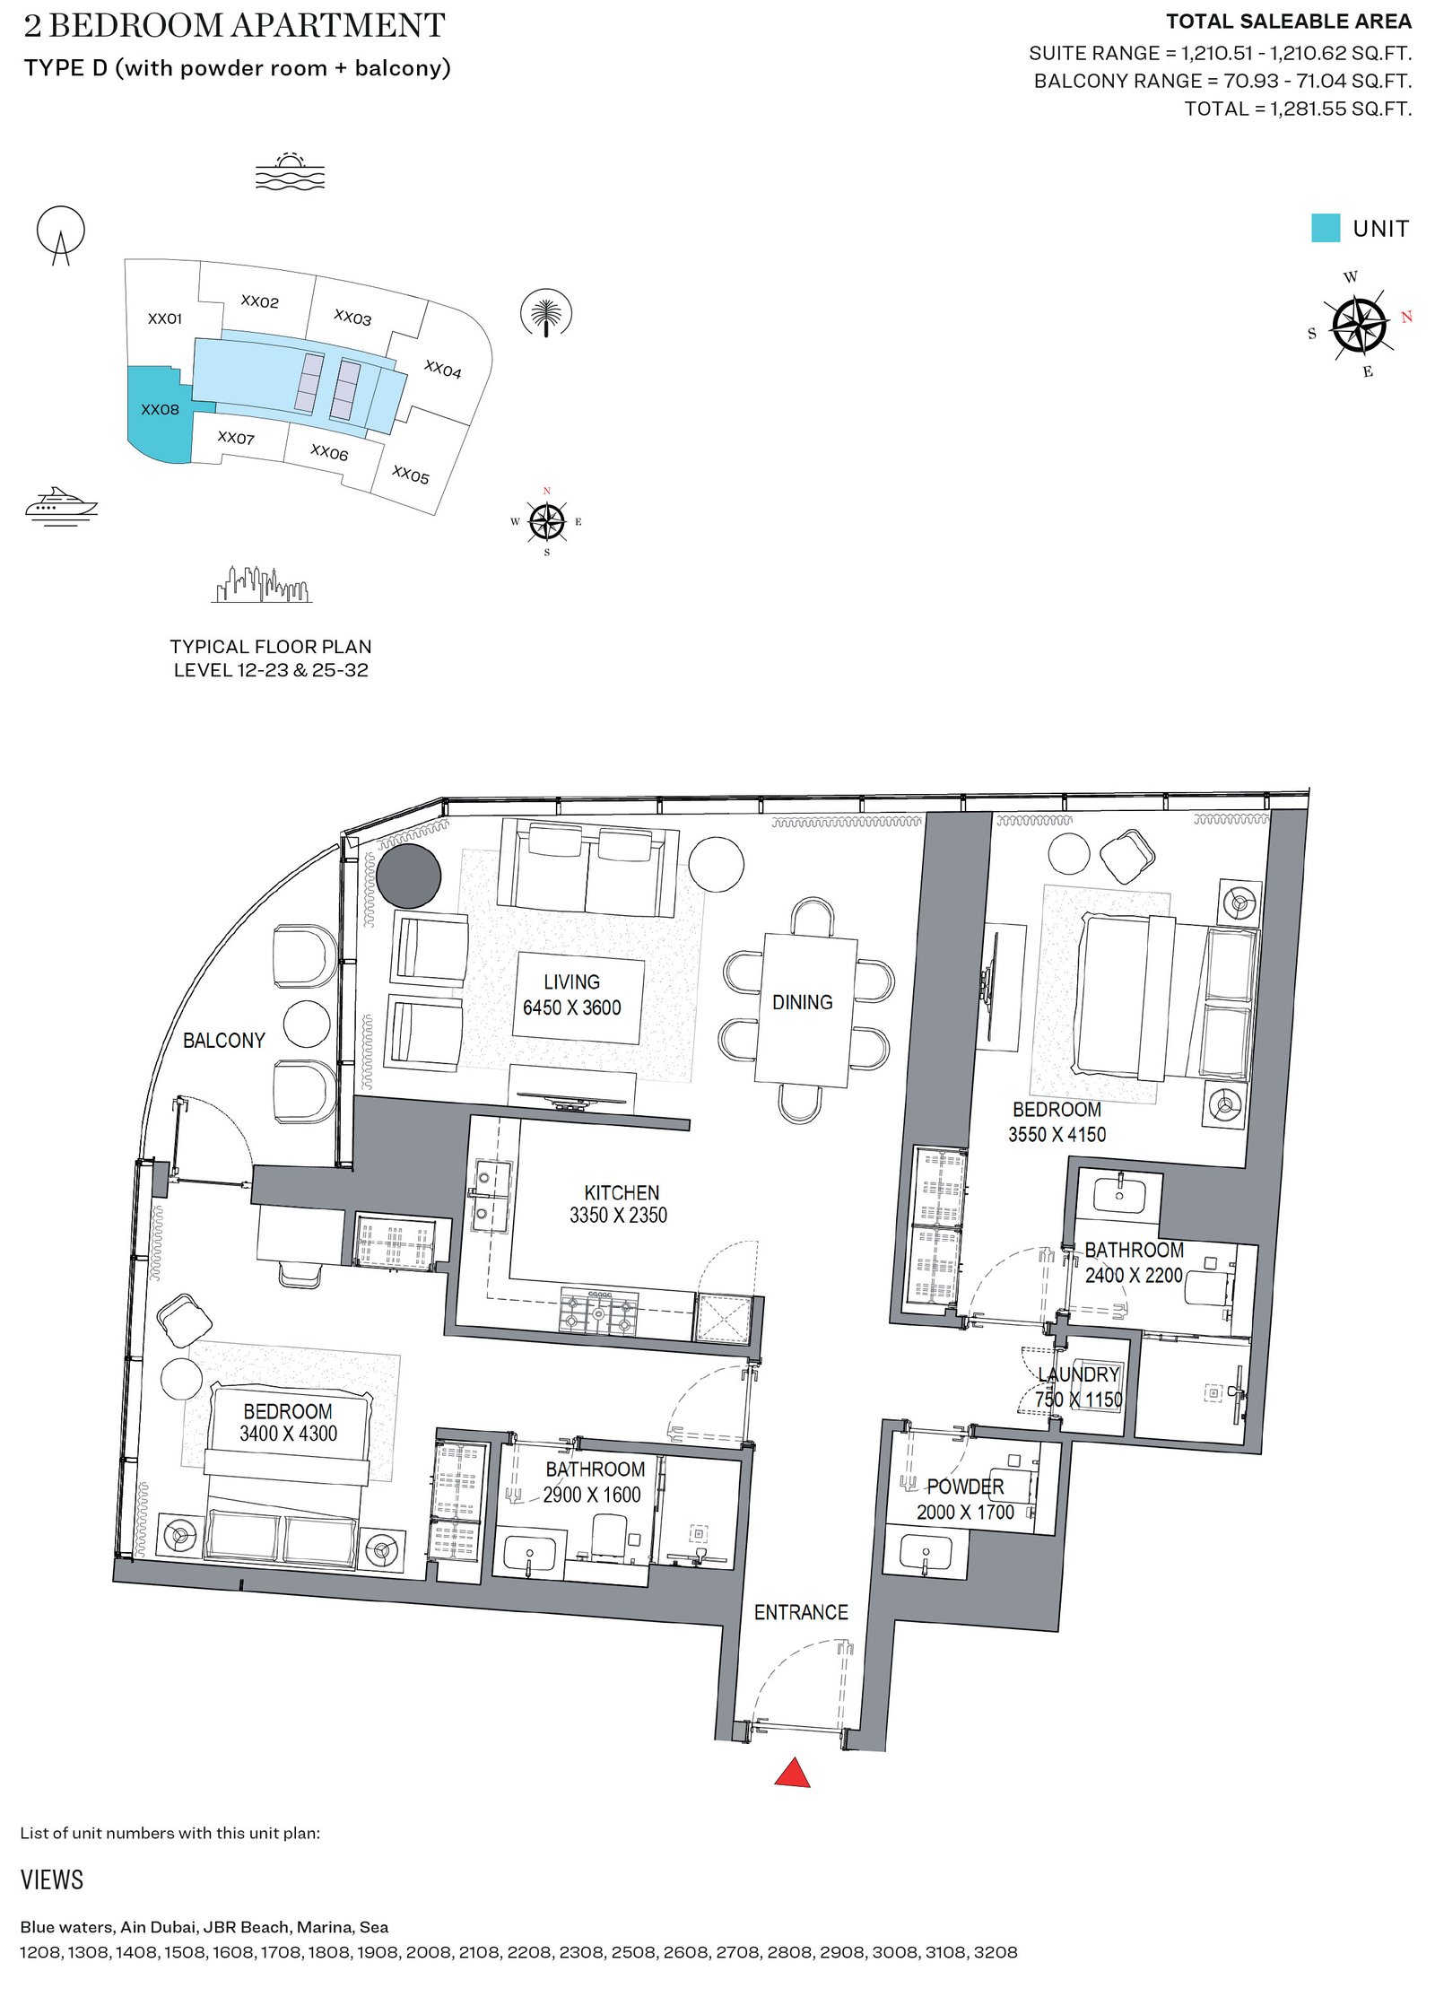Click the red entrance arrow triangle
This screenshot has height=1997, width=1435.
click(x=792, y=1773)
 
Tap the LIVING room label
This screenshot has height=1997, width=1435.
click(x=571, y=982)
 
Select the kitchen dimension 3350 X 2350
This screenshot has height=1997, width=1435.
click(x=618, y=1216)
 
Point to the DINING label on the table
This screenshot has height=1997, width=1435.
click(x=802, y=1002)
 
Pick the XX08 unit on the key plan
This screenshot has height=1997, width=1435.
click(x=160, y=410)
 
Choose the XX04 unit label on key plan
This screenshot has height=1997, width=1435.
click(x=442, y=369)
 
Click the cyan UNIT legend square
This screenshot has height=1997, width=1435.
click(x=1325, y=228)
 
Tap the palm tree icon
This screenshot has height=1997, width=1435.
click(x=546, y=314)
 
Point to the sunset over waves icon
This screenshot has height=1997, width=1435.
click(x=289, y=171)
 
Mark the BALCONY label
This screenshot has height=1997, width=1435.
click(x=224, y=1041)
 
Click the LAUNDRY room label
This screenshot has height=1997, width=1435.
click(x=1079, y=1375)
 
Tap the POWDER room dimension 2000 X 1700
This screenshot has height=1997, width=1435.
click(x=965, y=1513)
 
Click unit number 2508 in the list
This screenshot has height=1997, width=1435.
click(x=633, y=1952)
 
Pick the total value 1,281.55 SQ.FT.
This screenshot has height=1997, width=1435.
click(x=1340, y=109)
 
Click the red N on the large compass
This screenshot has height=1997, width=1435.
click(x=1405, y=317)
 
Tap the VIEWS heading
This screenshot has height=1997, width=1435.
click(x=52, y=1880)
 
